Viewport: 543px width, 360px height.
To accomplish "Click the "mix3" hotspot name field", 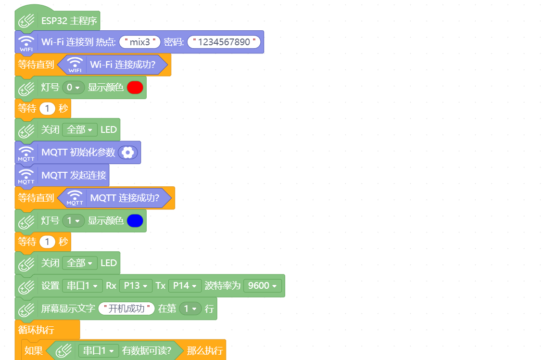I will pos(140,42).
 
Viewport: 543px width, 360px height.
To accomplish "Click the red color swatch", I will pos(135,88).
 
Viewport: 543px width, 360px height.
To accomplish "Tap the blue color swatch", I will pos(135,221).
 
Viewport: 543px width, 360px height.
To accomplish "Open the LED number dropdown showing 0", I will pos(73,88).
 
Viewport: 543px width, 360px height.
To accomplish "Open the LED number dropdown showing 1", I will pos(73,221).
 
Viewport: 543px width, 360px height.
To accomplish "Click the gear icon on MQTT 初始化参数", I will pos(127,153).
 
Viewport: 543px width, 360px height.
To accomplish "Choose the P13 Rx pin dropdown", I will pos(136,286).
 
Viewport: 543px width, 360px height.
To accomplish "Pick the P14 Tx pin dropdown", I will pos(185,286).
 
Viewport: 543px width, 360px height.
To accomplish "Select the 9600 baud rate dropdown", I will pos(262,286).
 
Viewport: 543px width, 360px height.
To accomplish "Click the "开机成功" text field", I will pos(126,309).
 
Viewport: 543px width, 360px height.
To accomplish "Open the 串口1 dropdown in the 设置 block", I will pos(82,286).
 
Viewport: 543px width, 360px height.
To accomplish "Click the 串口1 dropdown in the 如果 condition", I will pos(99,351).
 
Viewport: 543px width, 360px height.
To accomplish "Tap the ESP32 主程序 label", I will pos(69,21).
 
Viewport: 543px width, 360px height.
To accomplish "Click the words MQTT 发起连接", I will pos(74,175).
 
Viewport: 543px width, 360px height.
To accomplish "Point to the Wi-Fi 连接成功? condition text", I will pos(123,64).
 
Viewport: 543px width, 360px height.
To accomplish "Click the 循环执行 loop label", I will pos(36,330).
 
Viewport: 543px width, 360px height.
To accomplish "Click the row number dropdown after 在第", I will pos(190,309).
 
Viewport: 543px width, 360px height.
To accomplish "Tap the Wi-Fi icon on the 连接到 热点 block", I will pos(26,41).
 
